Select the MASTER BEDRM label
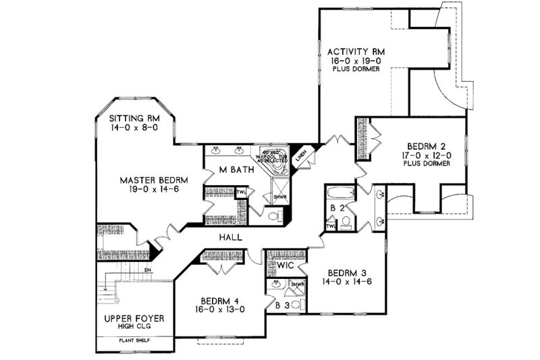pos(153,180)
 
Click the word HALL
pos(232,237)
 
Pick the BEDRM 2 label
pos(425,145)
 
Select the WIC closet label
pos(284,265)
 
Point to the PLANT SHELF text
pos(132,340)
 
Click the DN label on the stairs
pos(147,271)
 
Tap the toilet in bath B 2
pos(345,222)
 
